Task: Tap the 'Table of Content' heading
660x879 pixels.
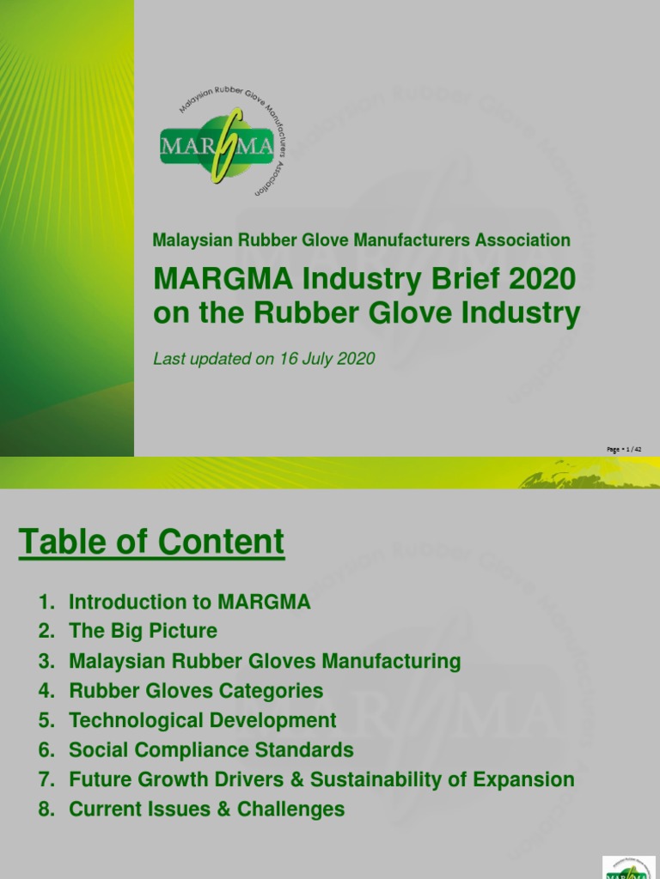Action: pyautogui.click(x=151, y=543)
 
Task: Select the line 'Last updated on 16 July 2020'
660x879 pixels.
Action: pyautogui.click(x=264, y=359)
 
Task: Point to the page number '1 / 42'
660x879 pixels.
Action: pyautogui.click(x=625, y=449)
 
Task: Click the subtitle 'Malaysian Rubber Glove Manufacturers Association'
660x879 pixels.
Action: pyautogui.click(x=361, y=240)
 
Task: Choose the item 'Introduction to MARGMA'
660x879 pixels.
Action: pyautogui.click(x=189, y=603)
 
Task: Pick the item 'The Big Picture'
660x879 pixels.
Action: pyautogui.click(x=143, y=632)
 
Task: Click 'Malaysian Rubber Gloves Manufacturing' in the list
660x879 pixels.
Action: pyautogui.click(x=265, y=662)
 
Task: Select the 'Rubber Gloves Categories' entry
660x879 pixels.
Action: pyautogui.click(x=196, y=691)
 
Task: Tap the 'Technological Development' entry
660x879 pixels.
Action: pyautogui.click(x=203, y=721)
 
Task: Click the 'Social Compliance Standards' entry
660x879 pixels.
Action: pyautogui.click(x=211, y=750)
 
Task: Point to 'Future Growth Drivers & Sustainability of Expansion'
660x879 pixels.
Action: pyautogui.click(x=321, y=780)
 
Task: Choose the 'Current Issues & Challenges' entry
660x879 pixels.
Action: pyautogui.click(x=206, y=809)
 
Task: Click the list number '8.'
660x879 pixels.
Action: pyautogui.click(x=46, y=809)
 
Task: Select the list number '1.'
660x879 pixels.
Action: pyautogui.click(x=46, y=603)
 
